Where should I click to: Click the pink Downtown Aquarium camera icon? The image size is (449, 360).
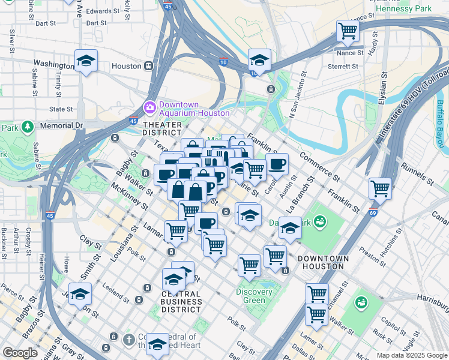pyautogui.click(x=149, y=108)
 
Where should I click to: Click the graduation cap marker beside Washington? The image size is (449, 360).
pyautogui.click(x=86, y=60)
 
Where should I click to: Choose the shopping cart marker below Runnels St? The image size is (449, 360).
pyautogui.click(x=380, y=188)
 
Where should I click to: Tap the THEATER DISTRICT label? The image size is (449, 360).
pyautogui.click(x=162, y=128)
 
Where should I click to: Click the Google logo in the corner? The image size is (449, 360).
pyautogui.click(x=20, y=352)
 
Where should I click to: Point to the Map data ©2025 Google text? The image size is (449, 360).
pyautogui.click(x=411, y=355)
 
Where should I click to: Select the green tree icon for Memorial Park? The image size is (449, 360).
pyautogui.click(x=27, y=127)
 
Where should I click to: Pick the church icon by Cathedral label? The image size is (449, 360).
pyautogui.click(x=128, y=340)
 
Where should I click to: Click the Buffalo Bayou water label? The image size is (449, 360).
pyautogui.click(x=441, y=123)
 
